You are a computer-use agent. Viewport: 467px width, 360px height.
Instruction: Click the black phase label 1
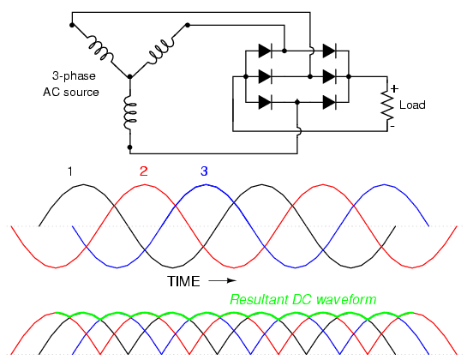tap(70, 171)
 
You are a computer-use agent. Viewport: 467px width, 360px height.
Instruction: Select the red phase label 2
tap(144, 171)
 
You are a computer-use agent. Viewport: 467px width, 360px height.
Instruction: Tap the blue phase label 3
tap(204, 171)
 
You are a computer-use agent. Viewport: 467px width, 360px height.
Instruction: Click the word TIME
tap(183, 281)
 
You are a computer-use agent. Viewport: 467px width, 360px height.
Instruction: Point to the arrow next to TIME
tap(222, 280)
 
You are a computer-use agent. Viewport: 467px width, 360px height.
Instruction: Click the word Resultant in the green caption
tap(259, 299)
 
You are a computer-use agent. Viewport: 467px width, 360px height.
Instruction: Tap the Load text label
tap(412, 105)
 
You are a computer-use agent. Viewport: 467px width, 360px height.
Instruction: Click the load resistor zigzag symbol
tap(387, 105)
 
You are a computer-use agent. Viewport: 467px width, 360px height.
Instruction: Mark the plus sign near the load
tap(394, 89)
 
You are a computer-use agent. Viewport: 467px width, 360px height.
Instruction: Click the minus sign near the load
tap(392, 127)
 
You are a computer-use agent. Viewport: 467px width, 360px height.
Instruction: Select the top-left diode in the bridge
tap(265, 51)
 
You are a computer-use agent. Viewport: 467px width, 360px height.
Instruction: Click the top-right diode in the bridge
tap(329, 51)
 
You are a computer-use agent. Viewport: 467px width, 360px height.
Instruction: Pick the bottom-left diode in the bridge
tap(265, 103)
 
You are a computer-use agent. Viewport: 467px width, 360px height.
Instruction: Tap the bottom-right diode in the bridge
tap(329, 103)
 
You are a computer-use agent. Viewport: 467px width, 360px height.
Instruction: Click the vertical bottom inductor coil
tap(130, 112)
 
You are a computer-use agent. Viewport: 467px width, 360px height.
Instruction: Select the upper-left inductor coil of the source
tap(100, 49)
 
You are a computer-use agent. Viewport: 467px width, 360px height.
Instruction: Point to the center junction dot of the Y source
tap(130, 76)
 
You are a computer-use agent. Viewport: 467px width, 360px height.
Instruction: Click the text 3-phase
tap(74, 76)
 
